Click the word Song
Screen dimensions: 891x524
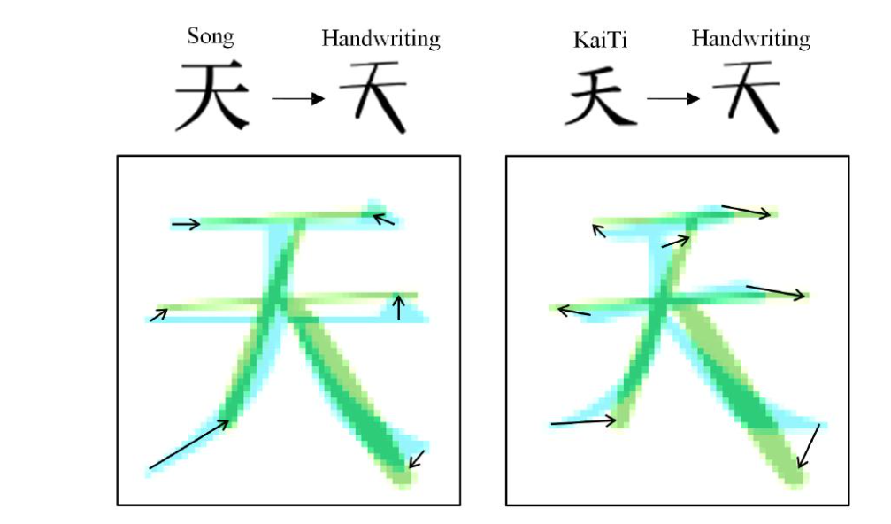pos(211,37)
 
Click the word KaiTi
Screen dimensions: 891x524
pos(600,40)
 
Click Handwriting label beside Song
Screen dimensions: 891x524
pos(380,39)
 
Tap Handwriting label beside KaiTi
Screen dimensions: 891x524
pos(750,39)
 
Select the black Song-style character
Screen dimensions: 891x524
pos(211,96)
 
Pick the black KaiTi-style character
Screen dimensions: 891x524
pos(600,96)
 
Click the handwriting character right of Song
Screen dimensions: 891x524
pos(375,96)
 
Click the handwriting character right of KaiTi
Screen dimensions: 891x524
pos(748,96)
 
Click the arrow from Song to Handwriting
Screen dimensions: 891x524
pos(298,99)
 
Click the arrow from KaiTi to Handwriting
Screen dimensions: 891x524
pos(672,99)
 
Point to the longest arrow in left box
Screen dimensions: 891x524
pos(189,443)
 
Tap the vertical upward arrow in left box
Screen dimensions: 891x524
pos(399,307)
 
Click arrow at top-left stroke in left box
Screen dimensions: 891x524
pos(186,224)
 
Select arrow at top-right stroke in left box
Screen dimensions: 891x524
pos(383,219)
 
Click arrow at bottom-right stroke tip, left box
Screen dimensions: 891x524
pos(417,459)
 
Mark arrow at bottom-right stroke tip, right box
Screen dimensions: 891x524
pos(809,446)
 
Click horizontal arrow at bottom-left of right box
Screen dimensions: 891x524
pos(584,422)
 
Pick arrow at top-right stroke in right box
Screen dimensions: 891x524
pos(746,211)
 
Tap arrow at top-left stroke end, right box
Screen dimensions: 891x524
pos(598,230)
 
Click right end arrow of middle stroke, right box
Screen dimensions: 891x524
pos(776,291)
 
